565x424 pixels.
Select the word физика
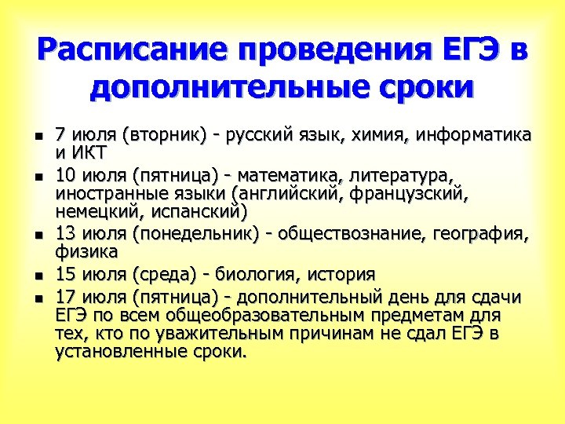coord(86,252)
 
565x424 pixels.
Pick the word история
coord(338,275)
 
